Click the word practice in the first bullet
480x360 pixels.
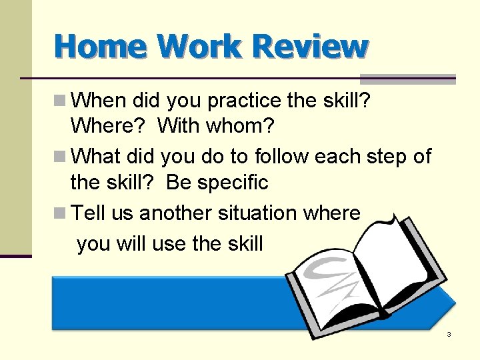pos(247,101)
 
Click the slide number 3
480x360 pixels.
pos(449,334)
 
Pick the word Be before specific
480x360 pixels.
pos(179,182)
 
